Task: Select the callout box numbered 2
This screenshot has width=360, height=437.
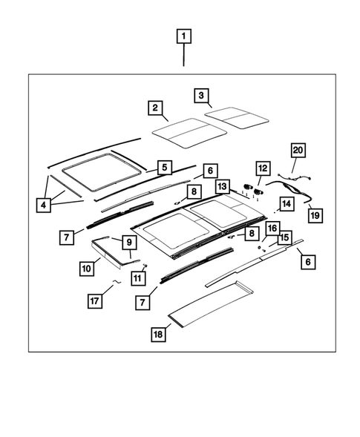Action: tap(154, 108)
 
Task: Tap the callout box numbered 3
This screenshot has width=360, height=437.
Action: tap(200, 95)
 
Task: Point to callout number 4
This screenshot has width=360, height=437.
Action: tap(44, 205)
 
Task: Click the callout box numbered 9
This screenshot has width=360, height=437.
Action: tap(127, 242)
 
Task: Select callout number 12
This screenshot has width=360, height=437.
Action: tap(261, 170)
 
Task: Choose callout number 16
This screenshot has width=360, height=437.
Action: tap(272, 228)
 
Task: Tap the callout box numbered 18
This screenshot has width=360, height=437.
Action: tap(157, 335)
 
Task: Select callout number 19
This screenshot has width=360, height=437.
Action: tap(315, 215)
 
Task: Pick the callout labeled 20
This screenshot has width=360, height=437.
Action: tap(298, 151)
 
